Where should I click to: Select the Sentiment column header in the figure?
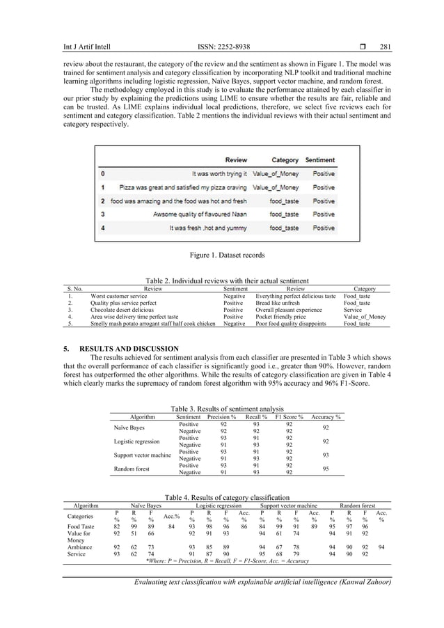tap(319, 159)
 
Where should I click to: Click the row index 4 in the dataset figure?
tap(103, 228)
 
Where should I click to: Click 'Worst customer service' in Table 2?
tap(118, 296)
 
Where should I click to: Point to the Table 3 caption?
tap(221, 408)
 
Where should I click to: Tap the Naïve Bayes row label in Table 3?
tap(129, 427)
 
